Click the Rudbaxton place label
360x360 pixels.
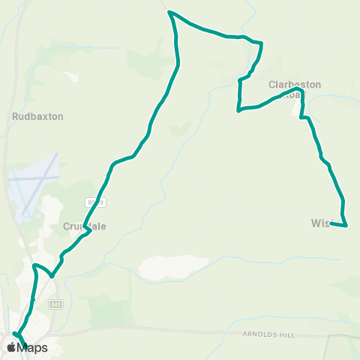click(37, 117)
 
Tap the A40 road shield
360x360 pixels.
click(55, 304)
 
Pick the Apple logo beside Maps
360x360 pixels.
click(11, 346)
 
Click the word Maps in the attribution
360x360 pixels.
click(32, 347)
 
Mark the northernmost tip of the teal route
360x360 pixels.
click(170, 12)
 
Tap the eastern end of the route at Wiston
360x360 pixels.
click(346, 224)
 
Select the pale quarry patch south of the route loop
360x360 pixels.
click(173, 266)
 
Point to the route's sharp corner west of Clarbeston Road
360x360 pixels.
click(238, 112)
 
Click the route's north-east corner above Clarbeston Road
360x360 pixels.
click(261, 43)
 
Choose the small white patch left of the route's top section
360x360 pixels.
click(73, 76)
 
